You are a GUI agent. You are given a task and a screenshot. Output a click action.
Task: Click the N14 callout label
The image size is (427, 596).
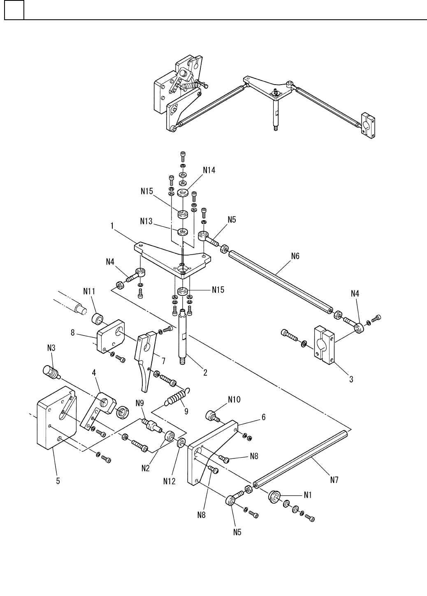[209, 170]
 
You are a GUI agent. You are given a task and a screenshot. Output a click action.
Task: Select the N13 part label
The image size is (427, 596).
[146, 221]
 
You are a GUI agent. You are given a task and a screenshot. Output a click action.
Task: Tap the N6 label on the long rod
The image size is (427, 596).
[295, 256]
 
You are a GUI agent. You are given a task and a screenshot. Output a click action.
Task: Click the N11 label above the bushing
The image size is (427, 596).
[89, 291]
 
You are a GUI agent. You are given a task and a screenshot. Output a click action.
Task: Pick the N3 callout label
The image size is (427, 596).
[51, 348]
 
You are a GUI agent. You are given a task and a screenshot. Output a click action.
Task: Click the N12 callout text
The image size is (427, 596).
[169, 481]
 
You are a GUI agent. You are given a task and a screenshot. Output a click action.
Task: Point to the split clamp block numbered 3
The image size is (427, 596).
[325, 345]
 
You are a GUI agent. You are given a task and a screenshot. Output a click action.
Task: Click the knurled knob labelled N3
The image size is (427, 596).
[51, 371]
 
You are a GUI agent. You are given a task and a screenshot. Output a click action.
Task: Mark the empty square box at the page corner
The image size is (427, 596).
[14, 10]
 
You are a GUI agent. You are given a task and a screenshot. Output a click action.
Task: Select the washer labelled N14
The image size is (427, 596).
[183, 192]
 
